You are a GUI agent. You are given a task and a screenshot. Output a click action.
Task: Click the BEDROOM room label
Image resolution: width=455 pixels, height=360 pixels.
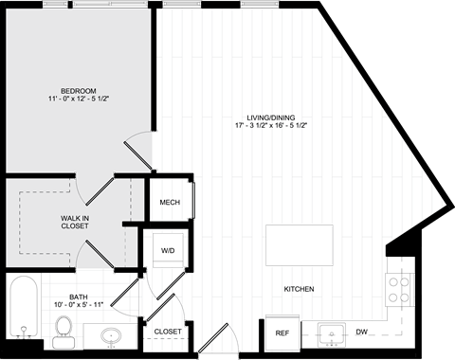click(x=79, y=91)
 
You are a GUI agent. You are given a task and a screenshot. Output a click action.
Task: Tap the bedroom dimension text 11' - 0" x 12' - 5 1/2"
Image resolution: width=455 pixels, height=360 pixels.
click(x=79, y=99)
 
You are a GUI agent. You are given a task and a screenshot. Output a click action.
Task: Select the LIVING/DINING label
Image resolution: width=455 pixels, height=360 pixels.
click(x=271, y=117)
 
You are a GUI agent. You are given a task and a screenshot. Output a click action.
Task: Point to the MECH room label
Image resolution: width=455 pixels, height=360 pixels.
click(x=170, y=202)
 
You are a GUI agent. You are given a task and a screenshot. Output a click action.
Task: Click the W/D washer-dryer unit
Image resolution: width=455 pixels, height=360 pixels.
click(x=168, y=250)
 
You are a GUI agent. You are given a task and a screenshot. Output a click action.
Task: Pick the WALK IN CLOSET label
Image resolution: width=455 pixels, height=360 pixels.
click(x=75, y=222)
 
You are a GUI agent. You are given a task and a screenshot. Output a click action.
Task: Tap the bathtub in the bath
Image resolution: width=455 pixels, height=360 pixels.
click(x=24, y=307)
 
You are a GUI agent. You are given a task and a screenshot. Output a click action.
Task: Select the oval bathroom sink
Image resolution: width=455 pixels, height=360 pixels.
click(x=111, y=336)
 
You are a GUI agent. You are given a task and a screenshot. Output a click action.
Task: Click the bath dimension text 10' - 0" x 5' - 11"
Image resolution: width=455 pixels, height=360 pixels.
click(x=79, y=305)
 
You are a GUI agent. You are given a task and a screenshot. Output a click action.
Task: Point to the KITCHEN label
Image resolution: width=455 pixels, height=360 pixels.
click(x=299, y=289)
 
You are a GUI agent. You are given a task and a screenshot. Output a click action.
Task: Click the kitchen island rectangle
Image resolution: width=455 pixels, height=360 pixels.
click(x=300, y=245)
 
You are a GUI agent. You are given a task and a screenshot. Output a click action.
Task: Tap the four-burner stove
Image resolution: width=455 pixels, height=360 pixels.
click(x=399, y=290)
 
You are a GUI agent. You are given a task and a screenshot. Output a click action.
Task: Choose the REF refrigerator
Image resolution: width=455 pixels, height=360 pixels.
click(x=282, y=333)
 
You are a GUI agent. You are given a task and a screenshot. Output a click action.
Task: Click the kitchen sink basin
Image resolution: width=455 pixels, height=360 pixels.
click(x=332, y=334)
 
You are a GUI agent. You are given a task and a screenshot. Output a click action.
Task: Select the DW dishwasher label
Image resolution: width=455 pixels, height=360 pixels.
click(x=361, y=332)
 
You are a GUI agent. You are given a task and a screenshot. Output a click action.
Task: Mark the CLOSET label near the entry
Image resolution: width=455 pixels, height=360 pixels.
click(x=168, y=332)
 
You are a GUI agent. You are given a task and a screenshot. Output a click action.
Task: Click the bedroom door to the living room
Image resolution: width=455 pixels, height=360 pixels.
click(x=137, y=154)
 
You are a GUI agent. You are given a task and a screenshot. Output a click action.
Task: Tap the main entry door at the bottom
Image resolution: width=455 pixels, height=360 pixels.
click(x=213, y=337)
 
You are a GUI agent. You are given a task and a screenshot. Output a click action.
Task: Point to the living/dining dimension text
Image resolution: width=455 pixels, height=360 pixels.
click(x=271, y=125)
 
